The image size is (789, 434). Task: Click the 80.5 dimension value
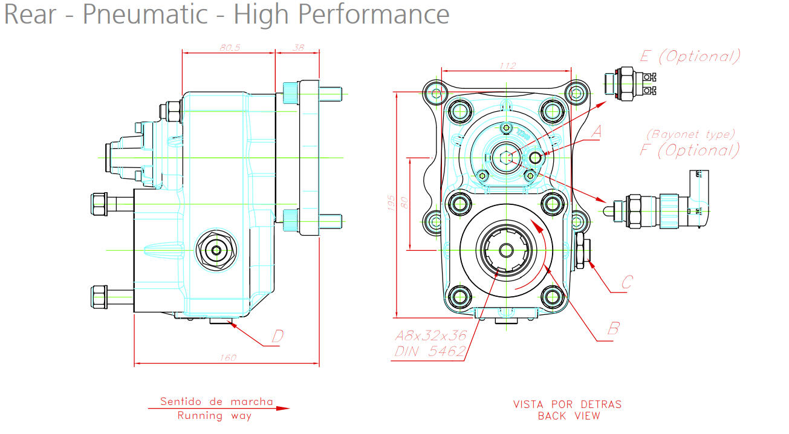pyautogui.click(x=228, y=48)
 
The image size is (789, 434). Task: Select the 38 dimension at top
pyautogui.click(x=297, y=48)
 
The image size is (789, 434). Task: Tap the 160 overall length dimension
pyautogui.click(x=226, y=358)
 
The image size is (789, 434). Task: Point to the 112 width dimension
pyautogui.click(x=508, y=66)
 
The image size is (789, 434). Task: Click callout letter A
pyautogui.click(x=596, y=131)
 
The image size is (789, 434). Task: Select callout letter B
pyautogui.click(x=613, y=328)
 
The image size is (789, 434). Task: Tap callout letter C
pyautogui.click(x=627, y=282)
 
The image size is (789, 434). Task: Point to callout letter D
pyautogui.click(x=278, y=336)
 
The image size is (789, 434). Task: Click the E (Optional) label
pyautogui.click(x=690, y=57)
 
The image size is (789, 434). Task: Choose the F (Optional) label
pyautogui.click(x=690, y=149)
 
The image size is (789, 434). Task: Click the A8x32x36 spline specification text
pyautogui.click(x=431, y=336)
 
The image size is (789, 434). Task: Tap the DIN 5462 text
pyautogui.click(x=430, y=351)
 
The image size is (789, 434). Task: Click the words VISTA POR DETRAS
pyautogui.click(x=567, y=404)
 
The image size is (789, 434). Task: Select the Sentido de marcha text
pyautogui.click(x=216, y=401)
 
